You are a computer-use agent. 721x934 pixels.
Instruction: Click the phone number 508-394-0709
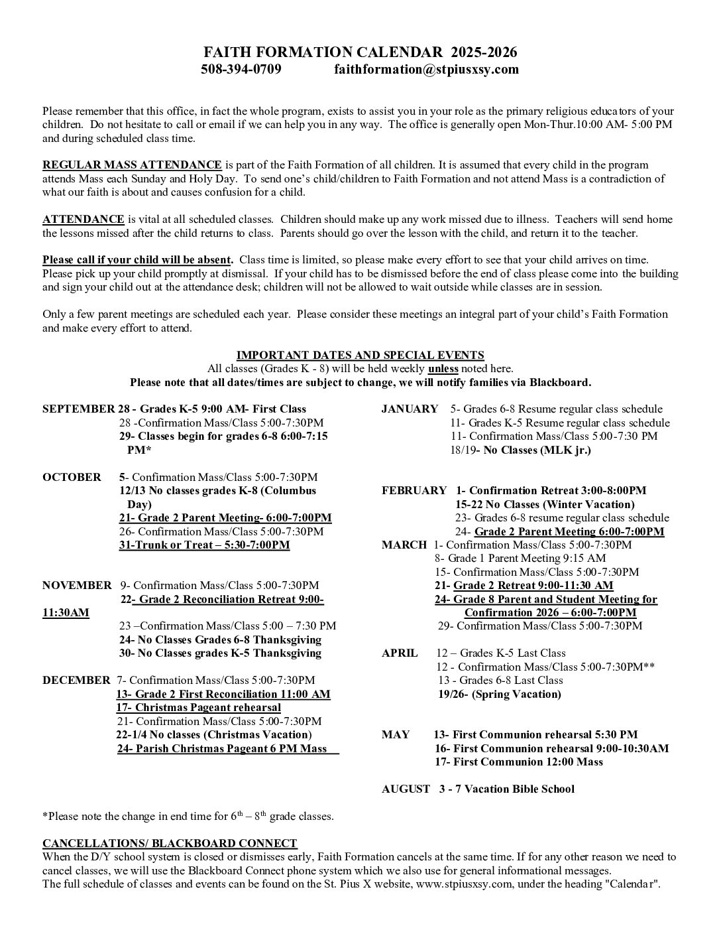click(x=241, y=69)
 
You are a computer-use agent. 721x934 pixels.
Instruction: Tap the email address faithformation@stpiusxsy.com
click(x=426, y=69)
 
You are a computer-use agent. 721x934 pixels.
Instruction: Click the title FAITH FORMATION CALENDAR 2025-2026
click(x=360, y=52)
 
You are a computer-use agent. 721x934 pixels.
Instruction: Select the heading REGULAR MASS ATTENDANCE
click(x=132, y=165)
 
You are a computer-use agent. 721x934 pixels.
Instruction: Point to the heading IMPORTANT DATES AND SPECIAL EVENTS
click(x=360, y=355)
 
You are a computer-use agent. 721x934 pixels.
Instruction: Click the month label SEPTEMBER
click(x=78, y=409)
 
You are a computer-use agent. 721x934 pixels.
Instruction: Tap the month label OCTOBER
click(x=72, y=477)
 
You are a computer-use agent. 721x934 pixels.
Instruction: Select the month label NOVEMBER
click(x=77, y=585)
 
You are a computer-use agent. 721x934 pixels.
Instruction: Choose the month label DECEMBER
click(x=76, y=680)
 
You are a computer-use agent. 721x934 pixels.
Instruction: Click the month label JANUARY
click(x=410, y=409)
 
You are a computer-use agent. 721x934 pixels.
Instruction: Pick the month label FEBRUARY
click(x=414, y=490)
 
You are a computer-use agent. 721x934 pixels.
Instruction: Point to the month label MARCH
click(x=404, y=545)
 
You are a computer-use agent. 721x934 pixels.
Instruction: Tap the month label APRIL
click(x=400, y=653)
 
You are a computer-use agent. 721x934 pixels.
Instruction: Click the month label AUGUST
click(x=406, y=789)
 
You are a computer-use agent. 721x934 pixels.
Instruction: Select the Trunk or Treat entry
click(x=204, y=545)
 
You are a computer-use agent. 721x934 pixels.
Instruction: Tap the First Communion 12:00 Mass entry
click(x=519, y=762)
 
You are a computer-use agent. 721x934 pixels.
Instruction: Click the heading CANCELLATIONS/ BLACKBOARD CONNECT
click(x=170, y=843)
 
